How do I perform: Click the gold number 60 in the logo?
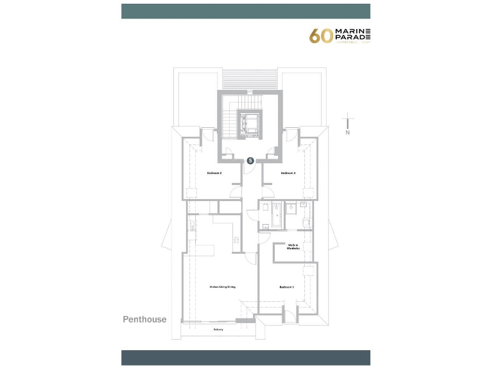321,36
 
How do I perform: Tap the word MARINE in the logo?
352,31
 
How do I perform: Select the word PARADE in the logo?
352,39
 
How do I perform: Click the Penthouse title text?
144,319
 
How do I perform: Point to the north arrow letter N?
347,133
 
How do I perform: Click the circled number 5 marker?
251,161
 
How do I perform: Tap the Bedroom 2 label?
214,173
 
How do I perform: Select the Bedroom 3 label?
288,173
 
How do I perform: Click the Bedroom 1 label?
286,286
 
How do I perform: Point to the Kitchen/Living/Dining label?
223,286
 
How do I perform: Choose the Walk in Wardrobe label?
293,247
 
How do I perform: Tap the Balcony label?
219,330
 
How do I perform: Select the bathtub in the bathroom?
276,215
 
